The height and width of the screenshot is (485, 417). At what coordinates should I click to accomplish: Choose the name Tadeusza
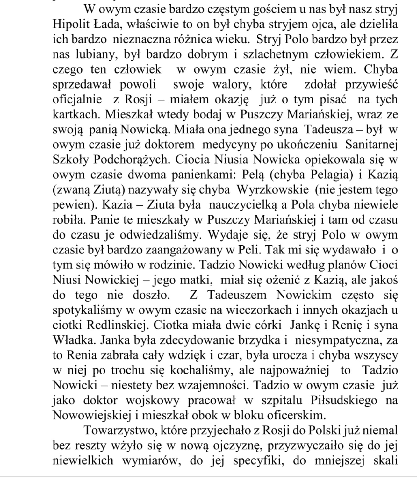pos(329,130)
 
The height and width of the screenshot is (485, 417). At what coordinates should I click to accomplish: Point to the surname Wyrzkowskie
pos(273,190)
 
